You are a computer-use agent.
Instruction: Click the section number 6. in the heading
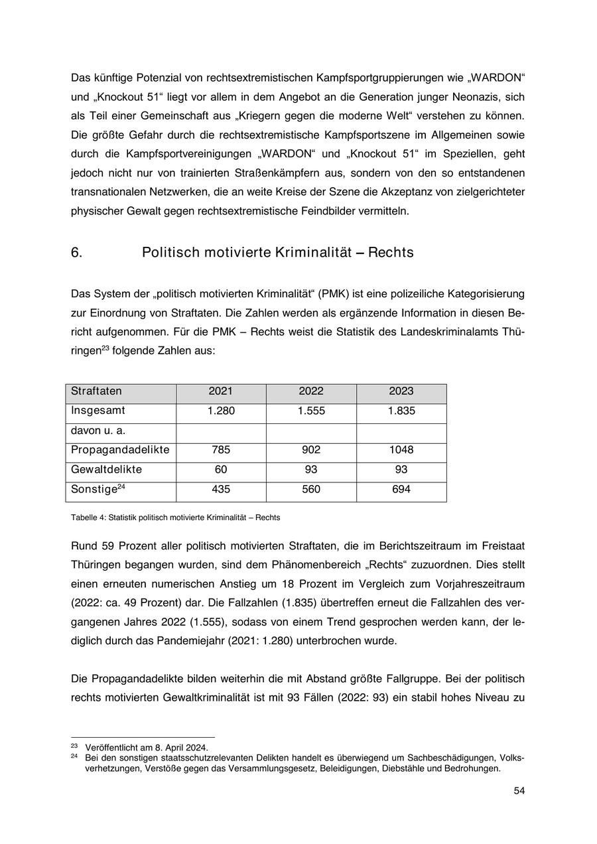coord(77,253)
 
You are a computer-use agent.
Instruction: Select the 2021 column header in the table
coord(221,391)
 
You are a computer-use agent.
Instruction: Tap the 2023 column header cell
coord(401,391)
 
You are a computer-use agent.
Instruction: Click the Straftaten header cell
coord(96,391)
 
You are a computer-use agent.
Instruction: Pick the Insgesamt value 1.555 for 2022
coord(311,411)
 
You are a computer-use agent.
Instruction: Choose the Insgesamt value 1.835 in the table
coord(401,411)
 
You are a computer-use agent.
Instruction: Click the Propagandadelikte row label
coord(120,450)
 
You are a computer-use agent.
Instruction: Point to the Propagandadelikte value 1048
coord(401,450)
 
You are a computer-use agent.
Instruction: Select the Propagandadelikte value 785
coord(221,450)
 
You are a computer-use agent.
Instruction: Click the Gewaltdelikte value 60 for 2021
coord(221,470)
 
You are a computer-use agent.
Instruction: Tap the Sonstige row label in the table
coord(94,490)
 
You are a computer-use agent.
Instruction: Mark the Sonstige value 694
coord(401,490)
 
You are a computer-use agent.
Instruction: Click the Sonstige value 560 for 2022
coord(311,490)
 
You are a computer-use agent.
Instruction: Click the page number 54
coord(519,790)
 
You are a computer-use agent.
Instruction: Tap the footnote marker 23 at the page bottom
coord(74,746)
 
